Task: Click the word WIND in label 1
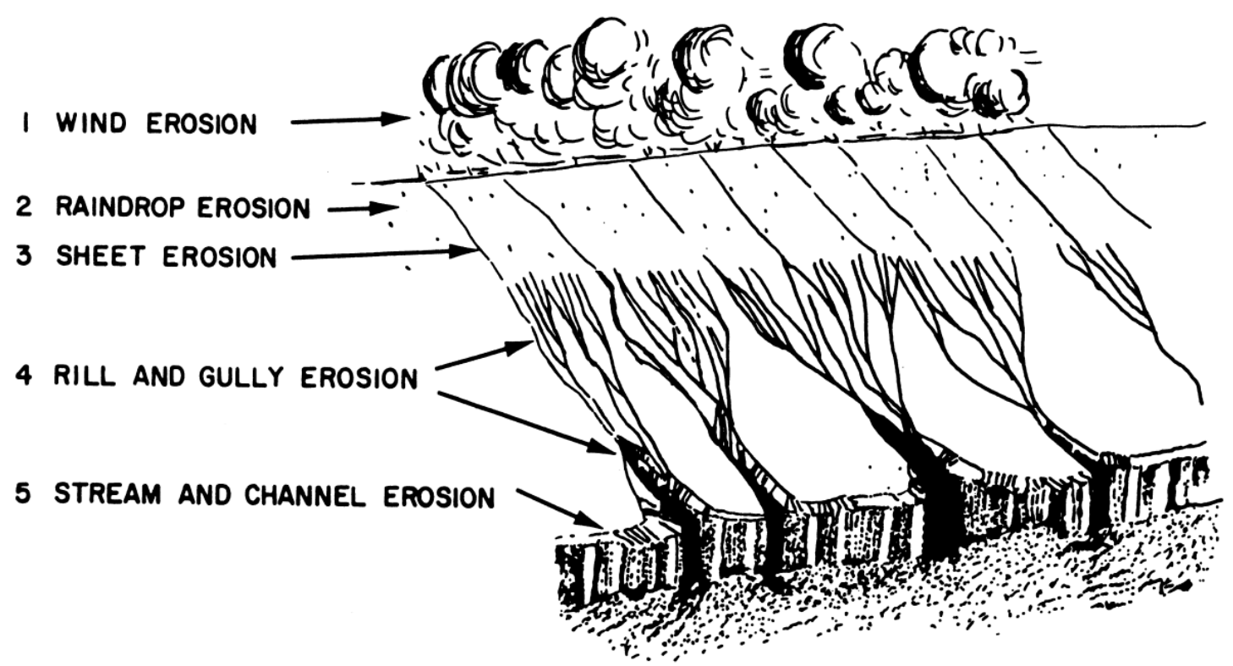click(x=91, y=124)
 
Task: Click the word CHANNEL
click(x=298, y=496)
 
